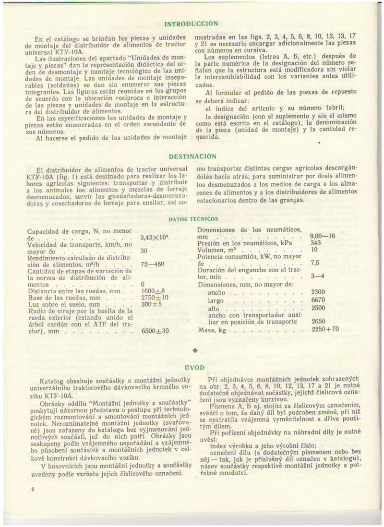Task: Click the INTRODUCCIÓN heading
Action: tap(191, 23)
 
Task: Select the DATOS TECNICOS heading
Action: tap(193, 219)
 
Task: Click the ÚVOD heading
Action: tap(194, 368)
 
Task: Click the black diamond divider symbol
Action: tap(194, 350)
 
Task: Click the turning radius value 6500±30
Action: tap(155, 331)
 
